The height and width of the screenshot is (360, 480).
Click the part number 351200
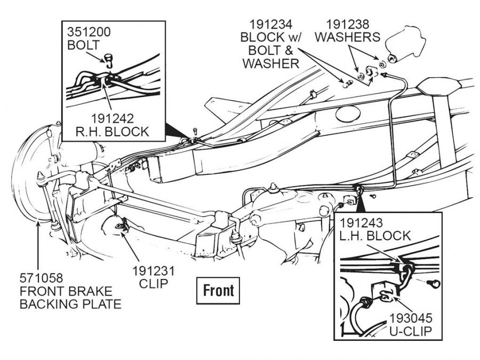pyautogui.click(x=89, y=31)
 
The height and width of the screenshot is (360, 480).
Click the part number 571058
pyautogui.click(x=42, y=278)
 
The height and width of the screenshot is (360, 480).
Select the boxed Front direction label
pyautogui.click(x=218, y=290)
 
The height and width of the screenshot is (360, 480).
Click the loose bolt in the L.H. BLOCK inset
pyautogui.click(x=435, y=283)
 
